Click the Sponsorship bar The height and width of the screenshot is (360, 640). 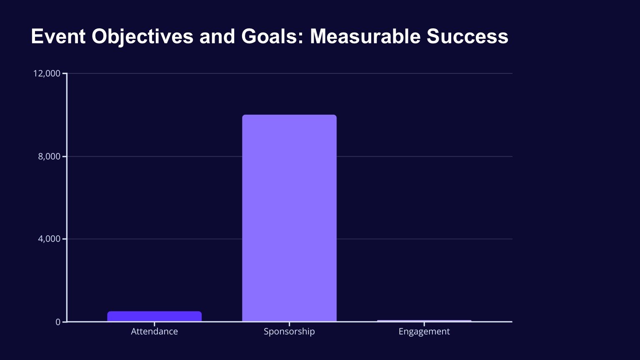click(289, 218)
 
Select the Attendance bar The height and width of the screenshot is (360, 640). click(154, 316)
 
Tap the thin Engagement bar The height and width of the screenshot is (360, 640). click(424, 320)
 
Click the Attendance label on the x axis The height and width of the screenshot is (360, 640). click(154, 331)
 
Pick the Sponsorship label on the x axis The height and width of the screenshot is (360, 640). click(289, 331)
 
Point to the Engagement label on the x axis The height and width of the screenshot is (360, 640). click(424, 331)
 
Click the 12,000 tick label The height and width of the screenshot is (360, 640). click(47, 73)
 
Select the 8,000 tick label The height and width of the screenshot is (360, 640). click(49, 156)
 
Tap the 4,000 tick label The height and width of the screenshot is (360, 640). click(49, 239)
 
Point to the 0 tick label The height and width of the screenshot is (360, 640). click(58, 322)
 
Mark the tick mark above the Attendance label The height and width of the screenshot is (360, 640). click(154, 324)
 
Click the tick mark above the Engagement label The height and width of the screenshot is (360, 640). click(424, 324)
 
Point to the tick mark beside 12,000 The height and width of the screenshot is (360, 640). click(64, 73)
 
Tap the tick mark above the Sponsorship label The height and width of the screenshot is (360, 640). click(289, 324)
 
